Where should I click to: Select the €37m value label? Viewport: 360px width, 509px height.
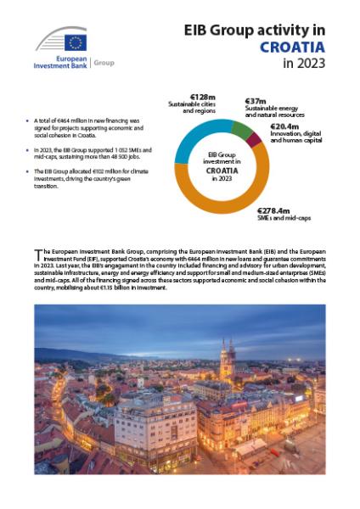(257, 100)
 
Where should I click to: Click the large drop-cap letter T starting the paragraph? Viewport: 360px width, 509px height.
(37, 253)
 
